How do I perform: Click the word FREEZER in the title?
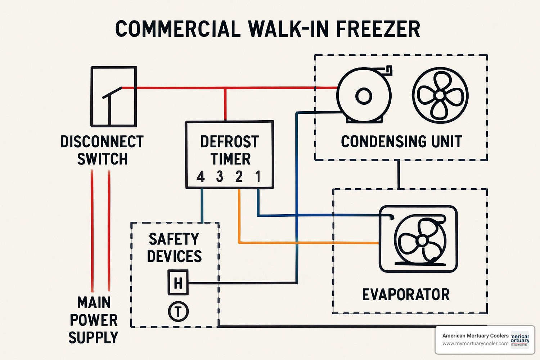pos(378,29)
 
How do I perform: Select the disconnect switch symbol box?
pos(113,96)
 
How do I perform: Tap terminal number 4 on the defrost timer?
pos(201,177)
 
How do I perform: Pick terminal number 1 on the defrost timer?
pos(258,176)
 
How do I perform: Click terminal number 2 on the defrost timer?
pos(239,177)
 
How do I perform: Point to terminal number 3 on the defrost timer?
pos(220,177)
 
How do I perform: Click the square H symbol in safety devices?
pos(178,283)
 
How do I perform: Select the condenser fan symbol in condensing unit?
pos(440,95)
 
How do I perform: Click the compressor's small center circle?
pos(363,96)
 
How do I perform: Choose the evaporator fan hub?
pos(422,240)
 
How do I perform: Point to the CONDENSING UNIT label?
pos(401,141)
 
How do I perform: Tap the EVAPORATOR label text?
pos(406,294)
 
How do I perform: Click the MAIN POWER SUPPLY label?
pos(94,320)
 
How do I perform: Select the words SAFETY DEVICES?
pos(174,248)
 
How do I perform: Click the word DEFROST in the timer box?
pos(229,141)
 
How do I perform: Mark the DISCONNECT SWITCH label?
pos(102,150)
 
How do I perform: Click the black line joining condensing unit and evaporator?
pos(399,174)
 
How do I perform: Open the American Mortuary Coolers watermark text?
pos(475,336)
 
